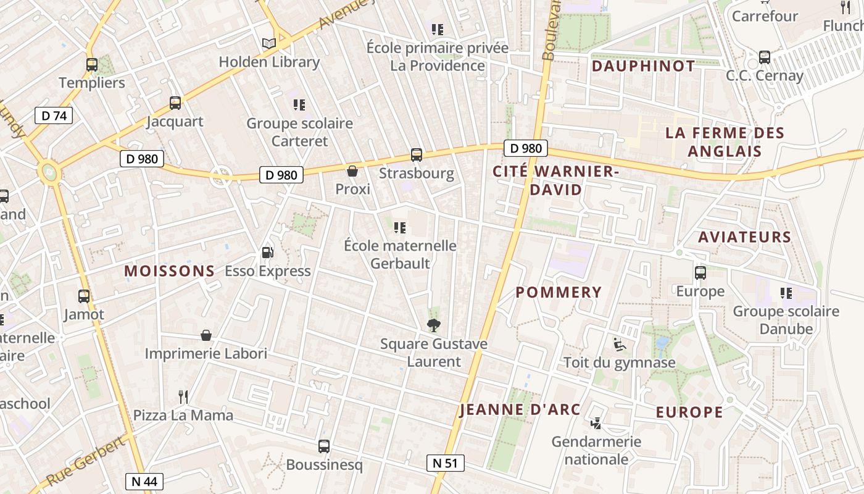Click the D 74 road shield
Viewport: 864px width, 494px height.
54,115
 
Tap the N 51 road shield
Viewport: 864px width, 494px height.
445,463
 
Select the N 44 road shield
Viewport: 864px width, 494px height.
144,482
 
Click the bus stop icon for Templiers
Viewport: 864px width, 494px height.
92,64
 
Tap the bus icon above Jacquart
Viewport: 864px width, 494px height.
175,103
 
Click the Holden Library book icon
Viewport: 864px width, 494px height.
268,43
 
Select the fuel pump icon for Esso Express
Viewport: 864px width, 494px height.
268,252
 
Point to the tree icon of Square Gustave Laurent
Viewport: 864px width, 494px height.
434,325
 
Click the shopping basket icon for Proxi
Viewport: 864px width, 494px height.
352,170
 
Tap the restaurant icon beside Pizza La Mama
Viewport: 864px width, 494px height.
183,396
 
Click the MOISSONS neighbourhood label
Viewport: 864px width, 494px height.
170,271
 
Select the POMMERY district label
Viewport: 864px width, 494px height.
558,293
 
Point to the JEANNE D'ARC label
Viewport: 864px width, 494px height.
520,409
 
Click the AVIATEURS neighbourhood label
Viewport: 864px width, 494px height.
744,237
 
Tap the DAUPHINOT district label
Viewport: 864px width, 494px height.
643,66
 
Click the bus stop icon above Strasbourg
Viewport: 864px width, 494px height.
417,155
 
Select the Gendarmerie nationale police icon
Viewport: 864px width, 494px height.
596,423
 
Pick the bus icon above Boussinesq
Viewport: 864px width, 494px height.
324,446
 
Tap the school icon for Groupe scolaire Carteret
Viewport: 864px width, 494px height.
299,105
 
